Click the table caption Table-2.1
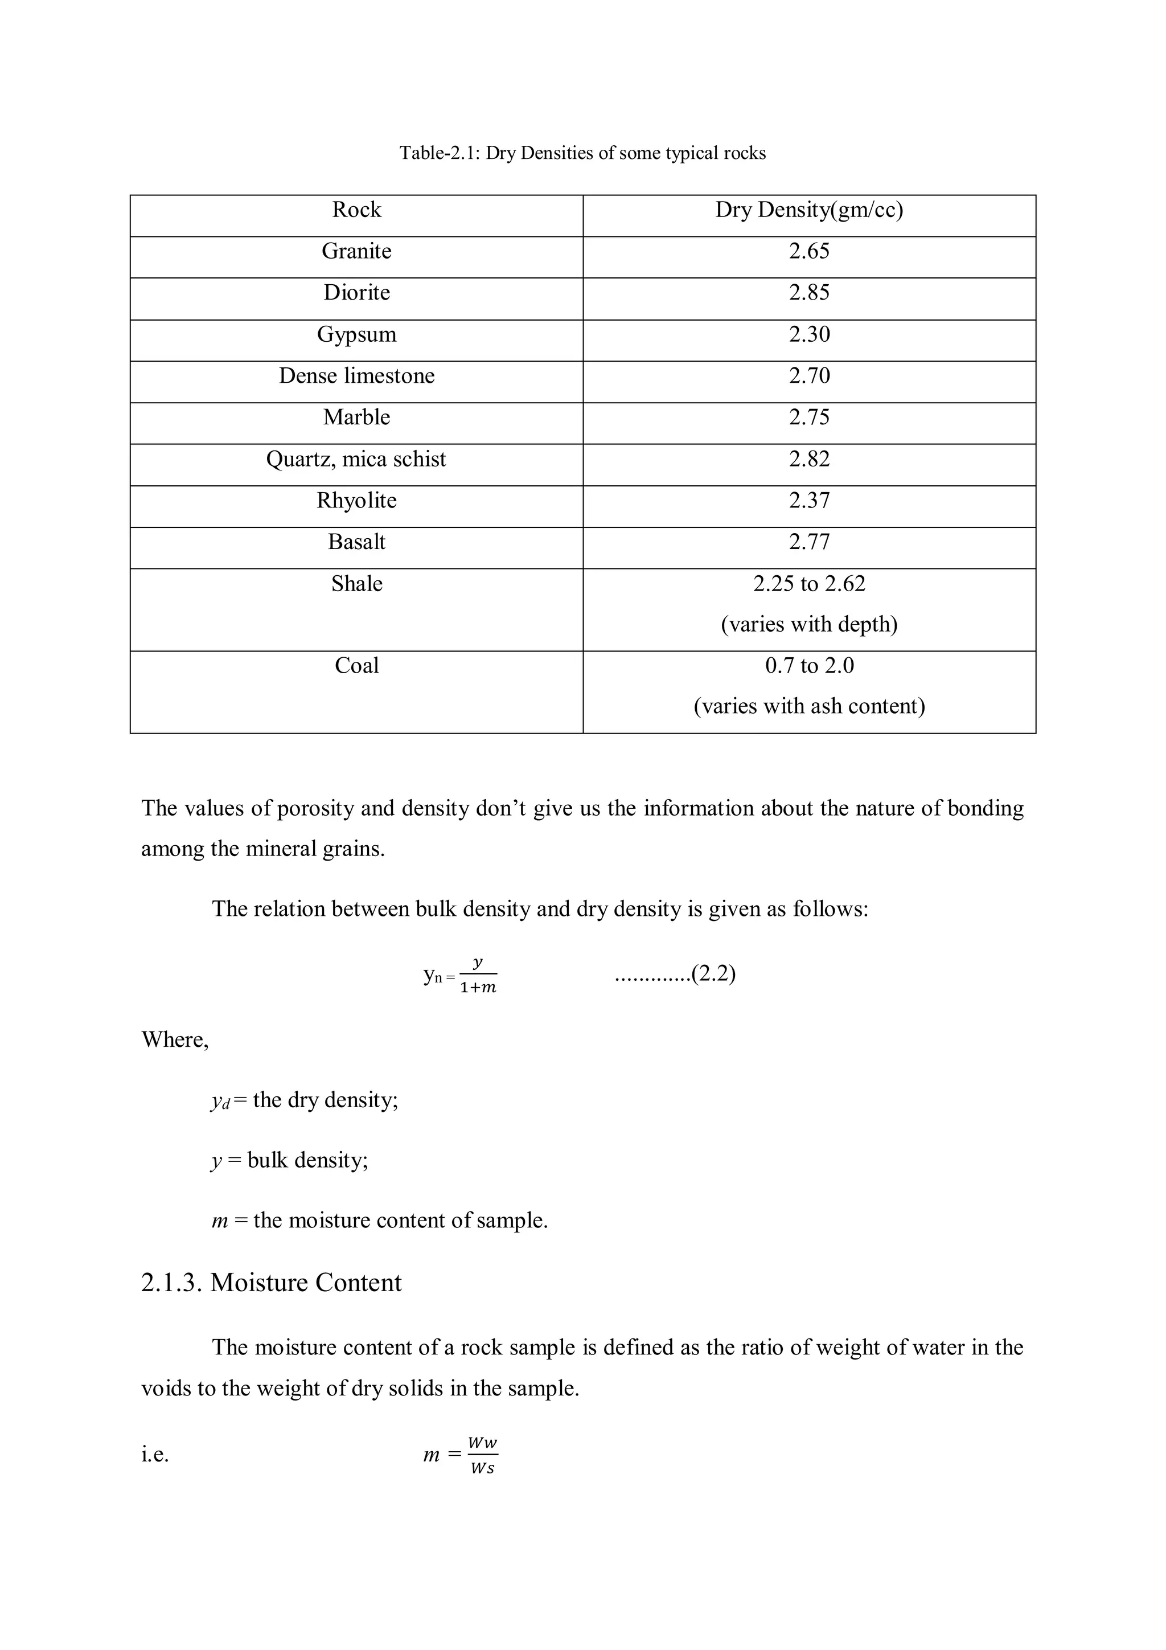582,153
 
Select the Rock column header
356,210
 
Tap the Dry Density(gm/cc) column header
809,210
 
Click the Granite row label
356,251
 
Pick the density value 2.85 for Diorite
809,293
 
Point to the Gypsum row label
356,334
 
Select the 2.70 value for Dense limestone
809,376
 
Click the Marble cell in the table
356,417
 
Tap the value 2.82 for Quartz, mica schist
809,459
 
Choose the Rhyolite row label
356,500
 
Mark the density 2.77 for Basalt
809,542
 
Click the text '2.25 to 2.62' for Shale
809,584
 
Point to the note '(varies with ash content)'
809,706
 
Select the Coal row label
356,665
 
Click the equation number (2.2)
713,974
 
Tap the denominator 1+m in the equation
478,988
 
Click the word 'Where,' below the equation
175,1040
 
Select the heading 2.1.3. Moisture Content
271,1283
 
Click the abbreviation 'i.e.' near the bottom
155,1455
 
